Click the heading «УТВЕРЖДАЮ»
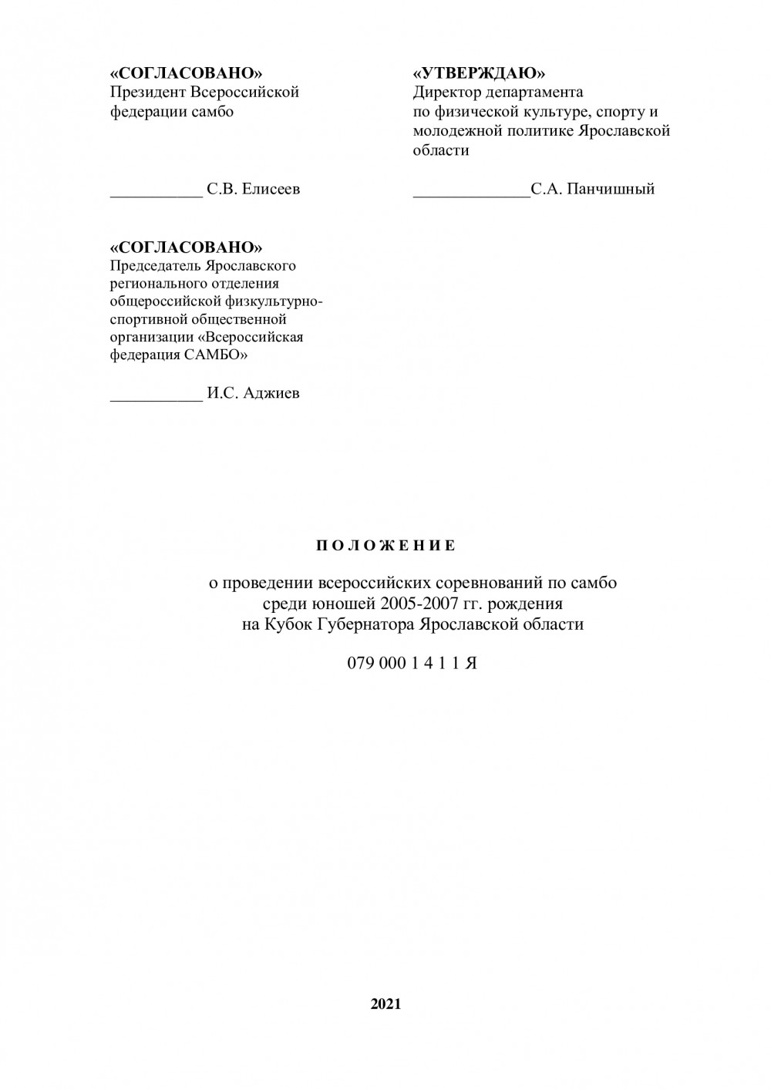coord(479,73)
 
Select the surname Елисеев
coord(271,189)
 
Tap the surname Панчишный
coord(611,189)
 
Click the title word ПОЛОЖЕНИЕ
coord(385,546)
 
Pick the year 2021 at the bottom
coord(385,1004)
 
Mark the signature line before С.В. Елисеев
coord(157,194)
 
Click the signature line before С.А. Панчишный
coord(471,194)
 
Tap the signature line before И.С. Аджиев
coord(157,399)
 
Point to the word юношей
coord(342,603)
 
